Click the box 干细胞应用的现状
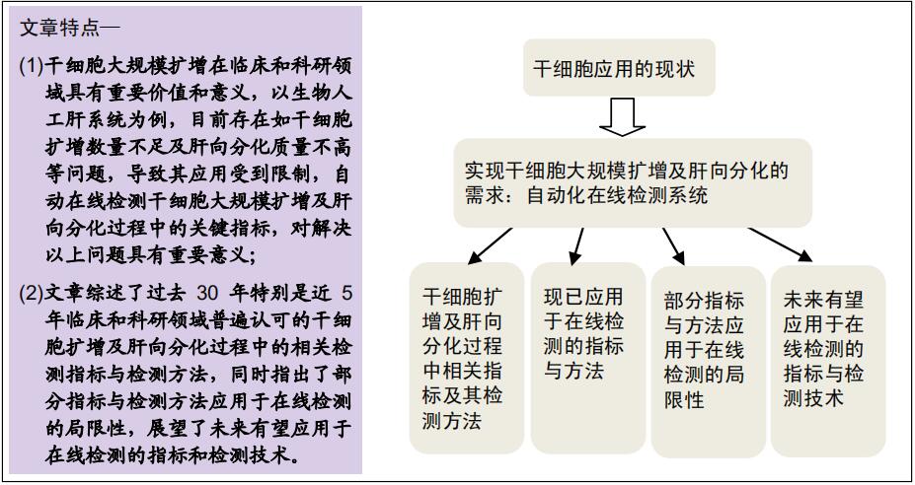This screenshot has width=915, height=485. pyautogui.click(x=619, y=68)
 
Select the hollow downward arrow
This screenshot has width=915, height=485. pyautogui.click(x=623, y=117)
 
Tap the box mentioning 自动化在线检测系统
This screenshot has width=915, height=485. pyautogui.click(x=633, y=182)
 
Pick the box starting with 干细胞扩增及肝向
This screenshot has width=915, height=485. pyautogui.click(x=466, y=358)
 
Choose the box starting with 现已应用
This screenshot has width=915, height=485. pyautogui.click(x=587, y=358)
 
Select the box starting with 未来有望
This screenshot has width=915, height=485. pyautogui.click(x=828, y=361)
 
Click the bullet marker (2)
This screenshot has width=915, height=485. pyautogui.click(x=31, y=293)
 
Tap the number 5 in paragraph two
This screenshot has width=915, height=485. pyautogui.click(x=347, y=293)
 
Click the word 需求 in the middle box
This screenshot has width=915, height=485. pyautogui.click(x=486, y=196)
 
